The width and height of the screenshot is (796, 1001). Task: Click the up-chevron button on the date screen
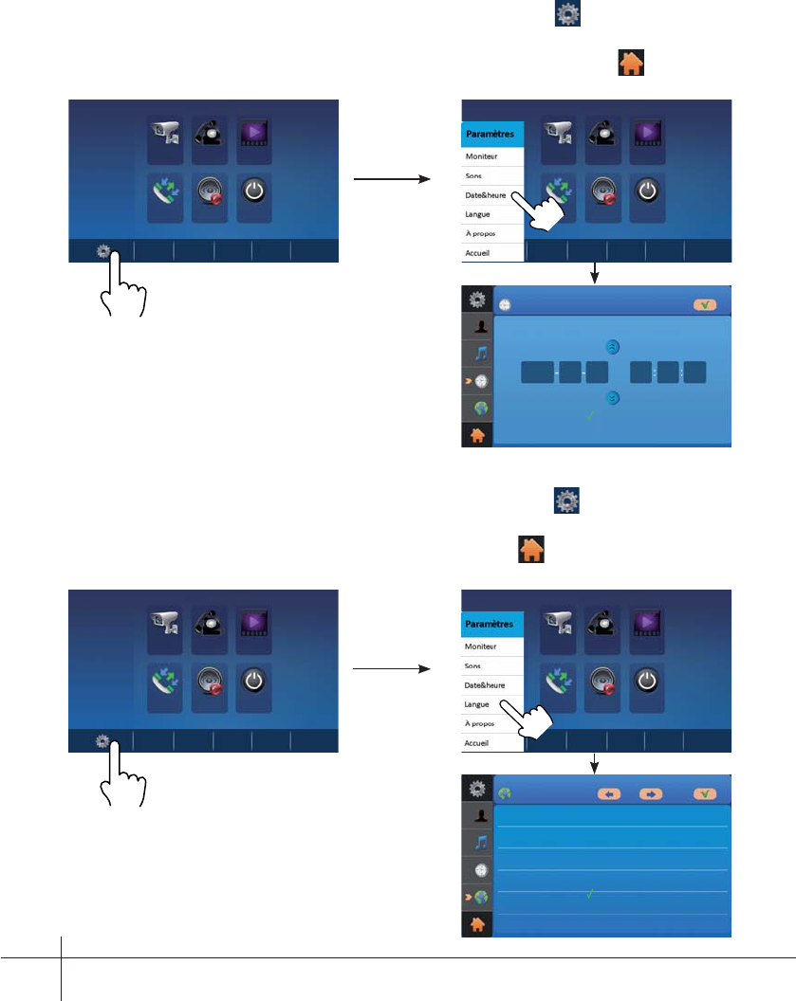(x=613, y=347)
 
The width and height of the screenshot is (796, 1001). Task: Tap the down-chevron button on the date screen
(x=613, y=399)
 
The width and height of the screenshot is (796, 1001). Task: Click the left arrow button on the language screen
(x=609, y=794)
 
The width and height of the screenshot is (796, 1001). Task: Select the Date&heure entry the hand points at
(x=485, y=193)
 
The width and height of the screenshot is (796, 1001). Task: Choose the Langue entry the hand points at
(x=477, y=704)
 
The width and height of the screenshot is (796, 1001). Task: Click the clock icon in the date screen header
(x=505, y=307)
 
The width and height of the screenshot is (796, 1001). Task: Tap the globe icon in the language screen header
(x=505, y=794)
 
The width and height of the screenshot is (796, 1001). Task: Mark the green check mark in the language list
(x=590, y=893)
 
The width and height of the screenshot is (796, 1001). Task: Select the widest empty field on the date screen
(x=536, y=373)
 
